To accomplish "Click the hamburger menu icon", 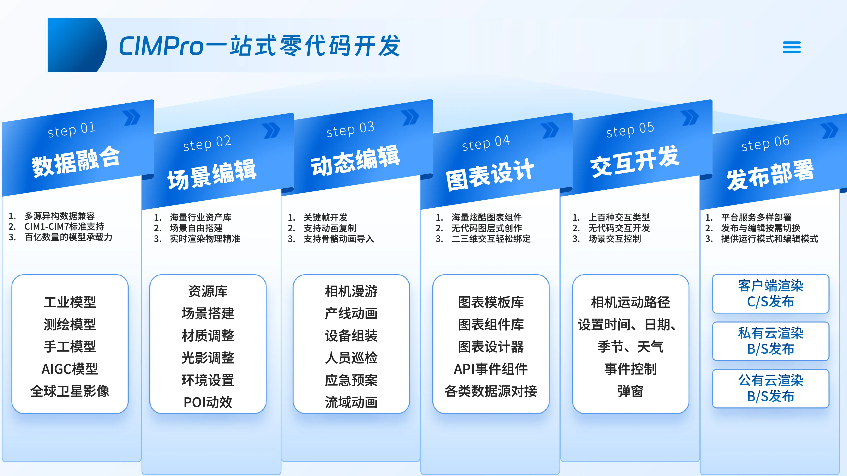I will (x=791, y=47).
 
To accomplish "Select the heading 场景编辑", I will (x=212, y=175).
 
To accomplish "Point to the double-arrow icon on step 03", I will (x=410, y=117).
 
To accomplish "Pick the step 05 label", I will (x=630, y=129).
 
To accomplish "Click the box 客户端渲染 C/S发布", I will (x=770, y=294).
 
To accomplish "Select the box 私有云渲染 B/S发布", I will (x=770, y=341).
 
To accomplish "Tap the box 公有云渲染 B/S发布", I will (x=770, y=388).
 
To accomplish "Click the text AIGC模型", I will (x=70, y=369).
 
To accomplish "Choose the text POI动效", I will (x=208, y=402).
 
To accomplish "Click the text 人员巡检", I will (x=351, y=358).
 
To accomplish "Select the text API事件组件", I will (x=491, y=369).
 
